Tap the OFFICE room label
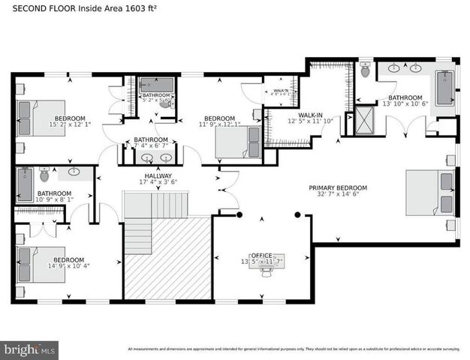[x=262, y=256]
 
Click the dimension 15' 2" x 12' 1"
[x=69, y=124]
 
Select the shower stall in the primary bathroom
[x=365, y=117]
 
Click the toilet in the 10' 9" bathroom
[x=44, y=175]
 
